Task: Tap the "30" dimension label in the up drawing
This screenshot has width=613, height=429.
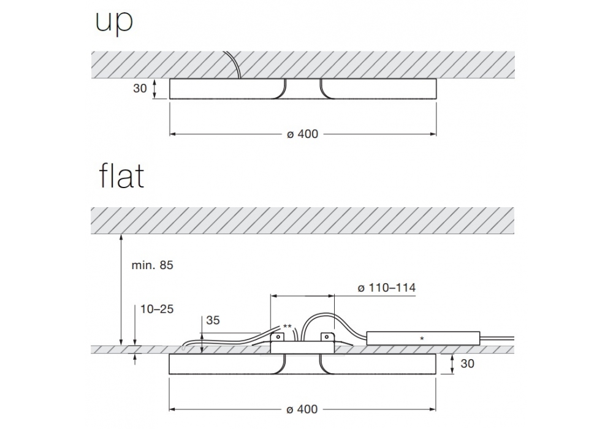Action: pyautogui.click(x=140, y=89)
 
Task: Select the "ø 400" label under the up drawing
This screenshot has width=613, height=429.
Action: pyautogui.click(x=303, y=134)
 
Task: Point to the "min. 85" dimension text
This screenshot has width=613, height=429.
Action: pyautogui.click(x=153, y=265)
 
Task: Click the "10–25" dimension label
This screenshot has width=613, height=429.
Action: pyautogui.click(x=157, y=309)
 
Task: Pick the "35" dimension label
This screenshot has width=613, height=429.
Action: pyautogui.click(x=213, y=321)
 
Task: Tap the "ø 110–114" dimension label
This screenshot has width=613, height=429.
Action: pyautogui.click(x=387, y=288)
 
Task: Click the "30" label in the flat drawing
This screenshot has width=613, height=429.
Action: pyautogui.click(x=468, y=364)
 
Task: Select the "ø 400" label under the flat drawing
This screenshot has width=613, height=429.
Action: pyautogui.click(x=302, y=409)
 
